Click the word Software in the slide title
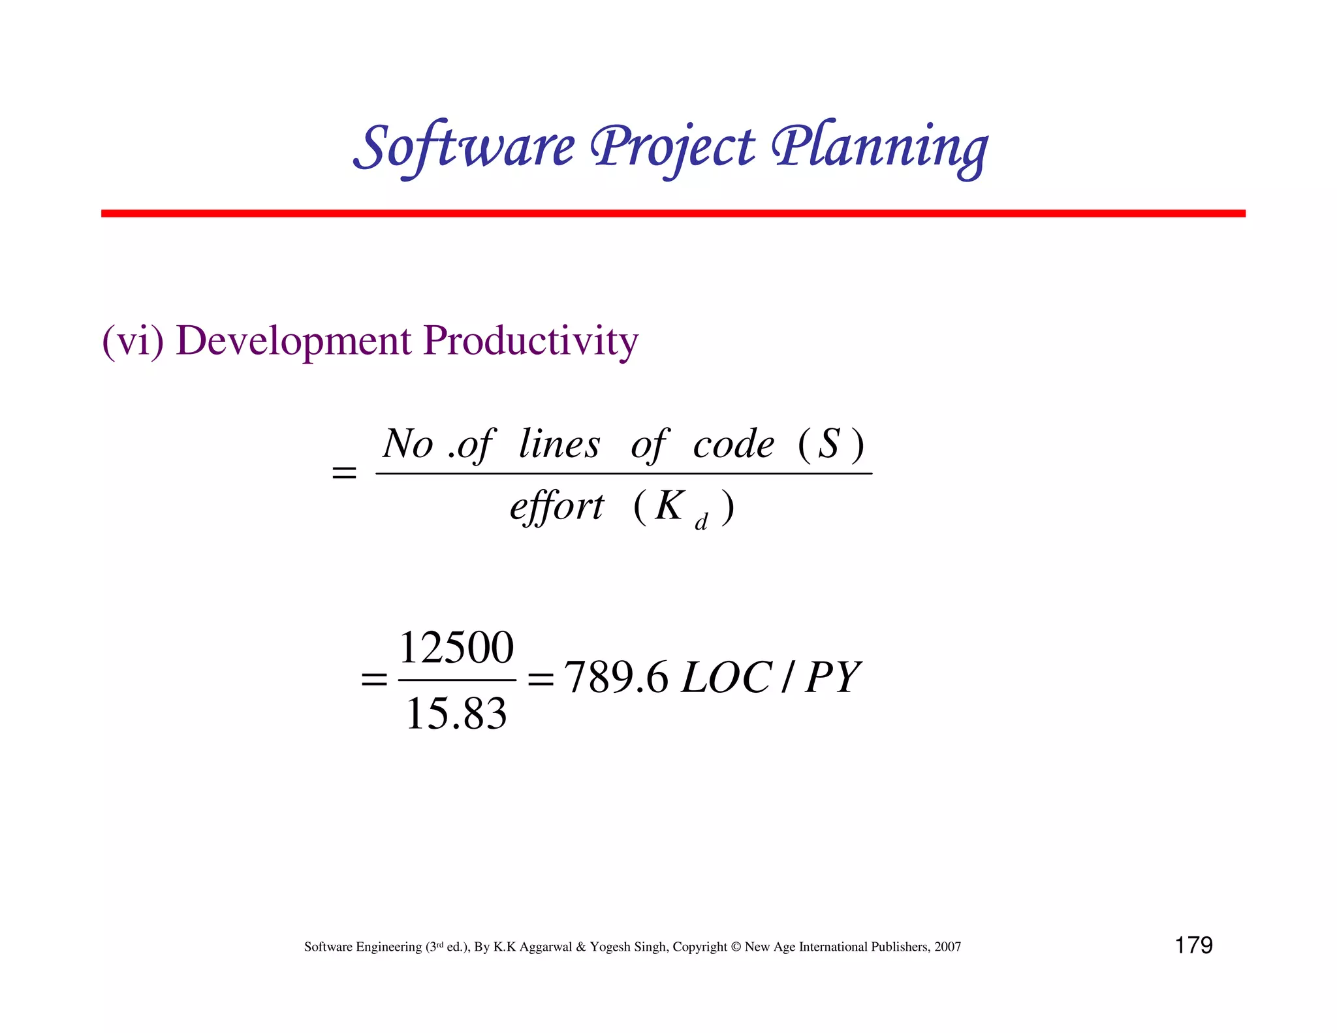(x=464, y=147)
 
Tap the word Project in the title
(x=672, y=147)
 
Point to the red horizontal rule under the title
(x=672, y=214)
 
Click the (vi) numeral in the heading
(x=133, y=341)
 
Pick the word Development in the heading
(x=293, y=341)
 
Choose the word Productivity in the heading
(x=530, y=341)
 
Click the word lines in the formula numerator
(x=559, y=445)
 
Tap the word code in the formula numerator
(x=733, y=445)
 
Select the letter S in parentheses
(x=828, y=443)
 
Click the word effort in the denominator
(x=557, y=507)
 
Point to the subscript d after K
(x=701, y=522)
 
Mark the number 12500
(x=456, y=648)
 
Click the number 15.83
(x=456, y=713)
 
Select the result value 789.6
(x=616, y=678)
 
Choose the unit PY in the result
(x=832, y=678)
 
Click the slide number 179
(x=1193, y=945)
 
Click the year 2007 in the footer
(x=947, y=947)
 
